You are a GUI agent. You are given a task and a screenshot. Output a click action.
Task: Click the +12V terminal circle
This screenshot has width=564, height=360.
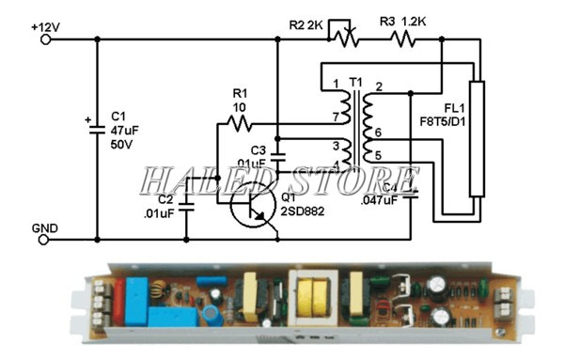pos(43,39)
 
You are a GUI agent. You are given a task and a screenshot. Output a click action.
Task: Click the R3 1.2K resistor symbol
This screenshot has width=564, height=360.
pos(401,39)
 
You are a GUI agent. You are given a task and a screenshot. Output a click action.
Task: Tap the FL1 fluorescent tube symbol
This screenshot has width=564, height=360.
pos(478,138)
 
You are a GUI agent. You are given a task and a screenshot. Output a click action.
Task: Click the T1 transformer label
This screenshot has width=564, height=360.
pos(355,84)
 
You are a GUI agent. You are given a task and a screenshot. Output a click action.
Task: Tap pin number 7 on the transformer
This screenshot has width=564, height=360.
pos(336,116)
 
